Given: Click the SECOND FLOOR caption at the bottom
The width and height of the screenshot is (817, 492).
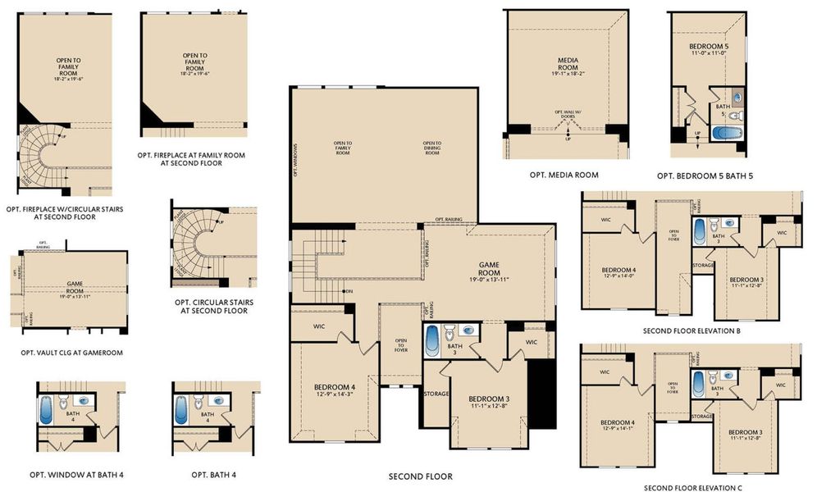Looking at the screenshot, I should pyautogui.click(x=420, y=476).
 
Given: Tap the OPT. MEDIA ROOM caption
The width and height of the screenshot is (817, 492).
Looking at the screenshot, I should pyautogui.click(x=564, y=175).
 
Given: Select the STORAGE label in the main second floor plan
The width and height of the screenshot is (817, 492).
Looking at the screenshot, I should pyautogui.click(x=436, y=394).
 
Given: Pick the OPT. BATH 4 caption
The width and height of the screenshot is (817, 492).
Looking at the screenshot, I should pyautogui.click(x=213, y=475).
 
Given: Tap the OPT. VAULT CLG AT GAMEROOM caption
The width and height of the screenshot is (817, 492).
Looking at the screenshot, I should pyautogui.click(x=71, y=353).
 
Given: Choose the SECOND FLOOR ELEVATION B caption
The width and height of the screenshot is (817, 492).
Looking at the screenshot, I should pyautogui.click(x=691, y=331).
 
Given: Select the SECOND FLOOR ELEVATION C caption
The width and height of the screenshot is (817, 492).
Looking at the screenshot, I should pyautogui.click(x=691, y=488).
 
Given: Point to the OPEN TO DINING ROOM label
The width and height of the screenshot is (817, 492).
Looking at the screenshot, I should pyautogui.click(x=432, y=148).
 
